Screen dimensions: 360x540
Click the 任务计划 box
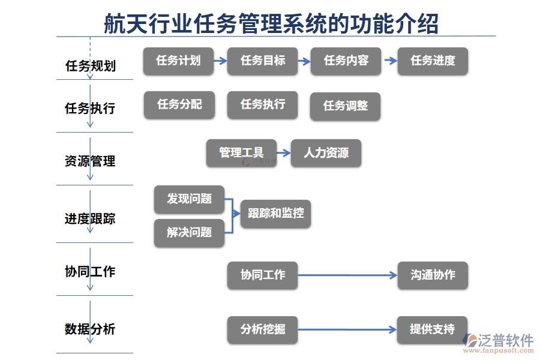178,61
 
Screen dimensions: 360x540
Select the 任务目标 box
262,61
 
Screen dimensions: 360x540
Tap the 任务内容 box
346,61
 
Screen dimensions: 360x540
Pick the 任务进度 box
432,61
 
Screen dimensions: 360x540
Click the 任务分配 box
179,104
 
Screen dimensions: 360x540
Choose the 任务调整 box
345,106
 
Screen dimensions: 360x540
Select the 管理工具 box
241,153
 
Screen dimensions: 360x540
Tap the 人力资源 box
326,153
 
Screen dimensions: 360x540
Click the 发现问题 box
189,199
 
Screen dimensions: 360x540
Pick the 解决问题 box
189,233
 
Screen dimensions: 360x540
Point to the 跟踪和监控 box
275,214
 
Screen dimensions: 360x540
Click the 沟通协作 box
432,275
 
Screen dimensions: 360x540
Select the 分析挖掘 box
262,329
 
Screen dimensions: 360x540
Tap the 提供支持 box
432,329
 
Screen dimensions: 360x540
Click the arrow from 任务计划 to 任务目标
220,61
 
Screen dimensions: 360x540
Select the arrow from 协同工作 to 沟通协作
347,275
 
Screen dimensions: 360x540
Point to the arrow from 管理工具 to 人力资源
284,153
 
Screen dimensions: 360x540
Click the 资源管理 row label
90,161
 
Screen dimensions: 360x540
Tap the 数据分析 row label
90,329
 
